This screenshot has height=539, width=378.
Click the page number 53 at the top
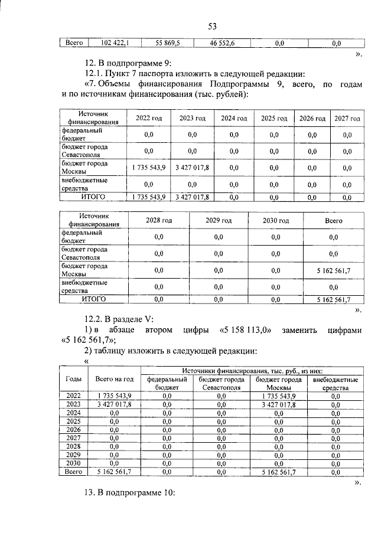[x=213, y=25]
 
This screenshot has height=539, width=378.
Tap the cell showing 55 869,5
[x=171, y=43]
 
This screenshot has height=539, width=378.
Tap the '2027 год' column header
[x=347, y=118]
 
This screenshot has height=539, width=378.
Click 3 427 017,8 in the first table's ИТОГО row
[x=192, y=197]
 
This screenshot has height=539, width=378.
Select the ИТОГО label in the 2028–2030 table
[x=93, y=299]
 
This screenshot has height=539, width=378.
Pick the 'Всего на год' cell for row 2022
[x=115, y=396]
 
